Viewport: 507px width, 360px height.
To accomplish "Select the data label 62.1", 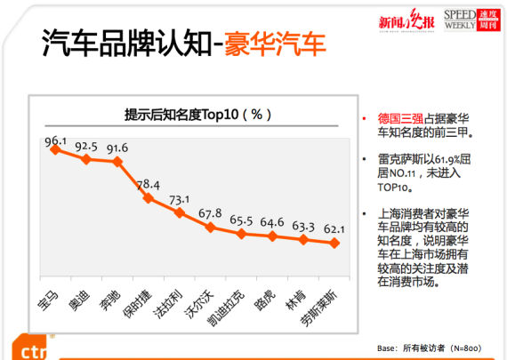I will tap(334, 229).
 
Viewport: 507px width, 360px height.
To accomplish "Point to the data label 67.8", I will tap(211, 213).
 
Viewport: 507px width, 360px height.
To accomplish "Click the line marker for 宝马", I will tap(55, 150).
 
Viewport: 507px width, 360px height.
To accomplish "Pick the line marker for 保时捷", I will tap(149, 197).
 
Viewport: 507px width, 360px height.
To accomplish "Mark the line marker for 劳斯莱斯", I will tap(334, 243).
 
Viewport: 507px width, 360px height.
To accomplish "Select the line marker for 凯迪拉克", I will tap(242, 234).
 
